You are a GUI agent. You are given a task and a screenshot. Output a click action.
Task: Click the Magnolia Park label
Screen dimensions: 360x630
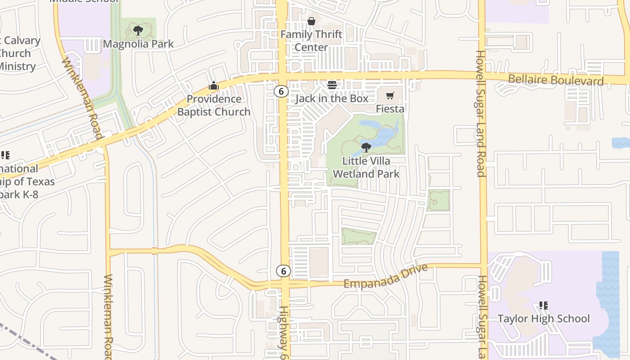[x=138, y=44]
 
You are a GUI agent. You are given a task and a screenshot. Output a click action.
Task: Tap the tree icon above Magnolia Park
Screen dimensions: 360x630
[x=138, y=31]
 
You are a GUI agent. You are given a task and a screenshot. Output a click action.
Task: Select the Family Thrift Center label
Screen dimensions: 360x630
[x=311, y=40]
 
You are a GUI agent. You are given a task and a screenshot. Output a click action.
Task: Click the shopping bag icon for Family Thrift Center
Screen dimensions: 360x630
[x=311, y=21]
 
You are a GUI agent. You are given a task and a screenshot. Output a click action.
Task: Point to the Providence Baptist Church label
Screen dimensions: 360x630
[x=214, y=105]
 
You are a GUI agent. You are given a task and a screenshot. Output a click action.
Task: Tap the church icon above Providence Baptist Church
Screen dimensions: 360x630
[x=213, y=85]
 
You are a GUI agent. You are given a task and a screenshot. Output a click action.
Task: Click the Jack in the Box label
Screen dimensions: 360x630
[x=332, y=98]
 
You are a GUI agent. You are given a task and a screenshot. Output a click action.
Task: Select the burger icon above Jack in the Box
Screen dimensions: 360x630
[x=332, y=85]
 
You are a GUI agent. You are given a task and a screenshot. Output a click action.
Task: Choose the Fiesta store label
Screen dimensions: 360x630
[x=390, y=109]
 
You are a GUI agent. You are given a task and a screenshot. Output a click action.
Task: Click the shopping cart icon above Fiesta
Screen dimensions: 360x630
[x=390, y=95]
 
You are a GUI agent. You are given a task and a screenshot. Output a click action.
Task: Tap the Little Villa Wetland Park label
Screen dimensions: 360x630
[x=366, y=167]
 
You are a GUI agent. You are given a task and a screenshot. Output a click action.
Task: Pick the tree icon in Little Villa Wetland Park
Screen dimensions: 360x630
[x=366, y=147]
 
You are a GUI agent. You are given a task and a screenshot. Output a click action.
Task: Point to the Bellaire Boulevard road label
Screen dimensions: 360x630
[x=556, y=81]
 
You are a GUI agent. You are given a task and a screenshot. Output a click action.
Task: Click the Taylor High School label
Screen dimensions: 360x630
[x=543, y=319]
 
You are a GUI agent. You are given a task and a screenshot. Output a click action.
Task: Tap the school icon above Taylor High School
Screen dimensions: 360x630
[x=543, y=306]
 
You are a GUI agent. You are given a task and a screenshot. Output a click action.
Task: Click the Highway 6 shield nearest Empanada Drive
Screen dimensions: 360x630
[x=283, y=271]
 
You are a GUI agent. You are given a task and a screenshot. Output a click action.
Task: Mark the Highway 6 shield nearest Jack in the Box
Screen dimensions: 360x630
[x=281, y=91]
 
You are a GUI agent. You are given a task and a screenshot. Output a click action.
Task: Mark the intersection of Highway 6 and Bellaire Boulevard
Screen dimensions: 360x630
[x=282, y=76]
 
